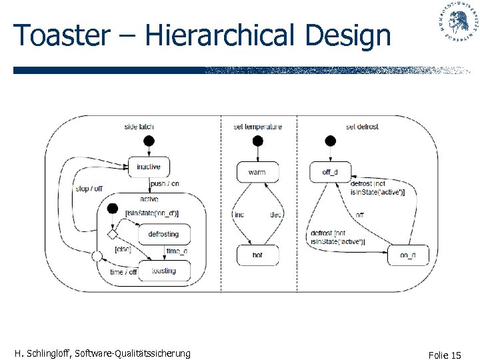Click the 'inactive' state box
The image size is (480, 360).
148,167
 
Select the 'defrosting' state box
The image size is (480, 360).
164,234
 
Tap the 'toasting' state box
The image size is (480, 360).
164,271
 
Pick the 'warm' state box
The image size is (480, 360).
257,172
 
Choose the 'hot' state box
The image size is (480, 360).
257,255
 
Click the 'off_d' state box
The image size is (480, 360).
330,172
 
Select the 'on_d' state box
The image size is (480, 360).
408,255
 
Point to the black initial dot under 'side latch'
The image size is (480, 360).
148,141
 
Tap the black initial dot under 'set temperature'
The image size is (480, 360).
257,141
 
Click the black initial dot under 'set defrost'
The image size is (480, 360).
329,141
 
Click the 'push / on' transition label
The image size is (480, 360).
165,184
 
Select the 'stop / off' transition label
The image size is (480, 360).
89,189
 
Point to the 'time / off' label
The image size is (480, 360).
123,272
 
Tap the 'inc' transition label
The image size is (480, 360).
239,215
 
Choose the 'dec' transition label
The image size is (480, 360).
276,215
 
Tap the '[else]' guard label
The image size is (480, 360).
123,249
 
